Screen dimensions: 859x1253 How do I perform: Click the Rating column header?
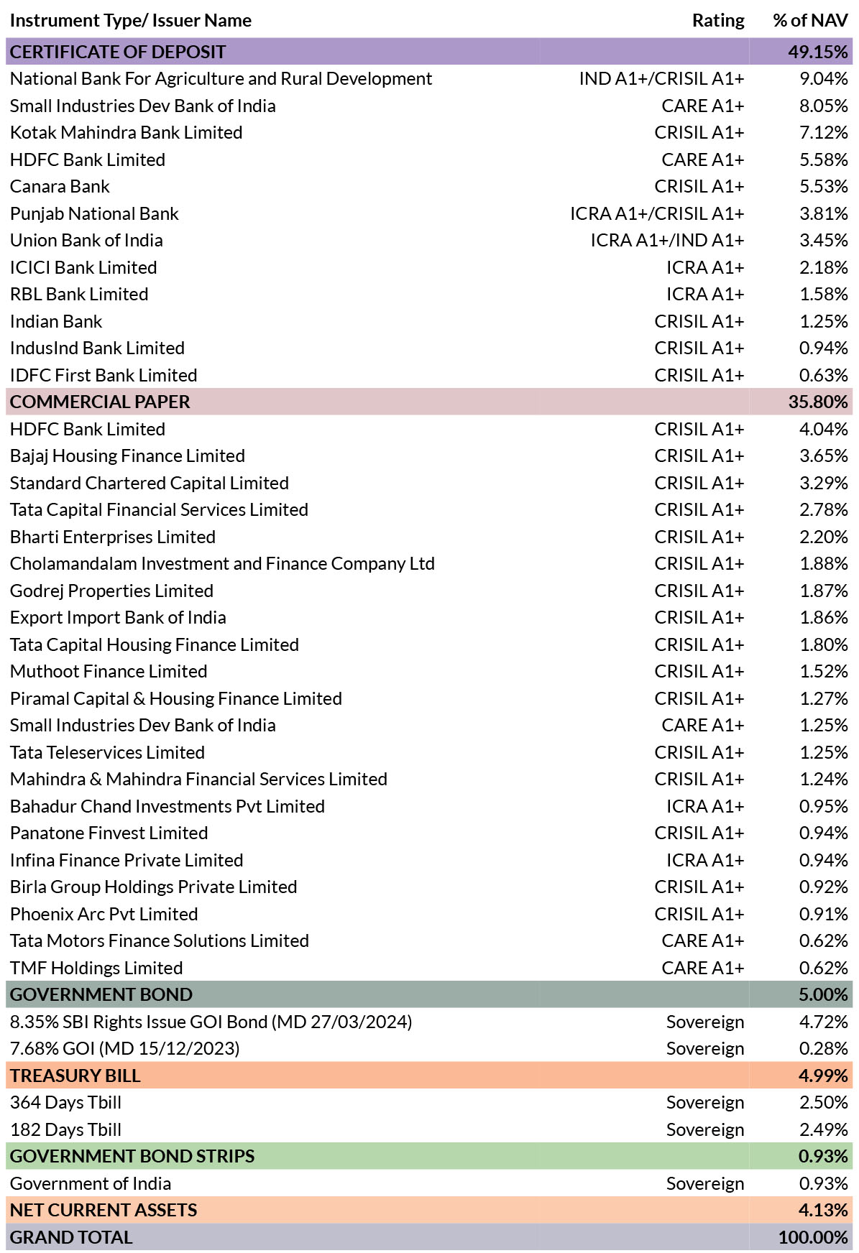click(x=718, y=20)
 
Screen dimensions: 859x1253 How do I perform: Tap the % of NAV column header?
click(x=810, y=20)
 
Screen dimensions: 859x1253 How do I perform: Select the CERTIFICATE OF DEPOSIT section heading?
click(x=118, y=52)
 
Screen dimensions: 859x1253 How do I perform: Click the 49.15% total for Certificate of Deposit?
click(x=818, y=52)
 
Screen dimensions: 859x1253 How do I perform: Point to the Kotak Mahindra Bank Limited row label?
click(x=127, y=132)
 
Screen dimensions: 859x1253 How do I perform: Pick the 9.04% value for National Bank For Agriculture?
click(x=824, y=78)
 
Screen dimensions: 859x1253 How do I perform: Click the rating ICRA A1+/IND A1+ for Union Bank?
click(x=667, y=240)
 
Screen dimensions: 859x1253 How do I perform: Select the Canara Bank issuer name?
click(x=60, y=186)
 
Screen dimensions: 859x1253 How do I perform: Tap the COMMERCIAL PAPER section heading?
click(x=100, y=402)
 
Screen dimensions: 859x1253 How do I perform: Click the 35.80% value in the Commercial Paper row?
click(x=818, y=402)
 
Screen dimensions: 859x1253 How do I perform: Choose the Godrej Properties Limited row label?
click(x=111, y=591)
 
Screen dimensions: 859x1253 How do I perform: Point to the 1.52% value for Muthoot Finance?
click(x=824, y=671)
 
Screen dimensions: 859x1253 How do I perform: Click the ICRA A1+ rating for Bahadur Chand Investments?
click(x=705, y=806)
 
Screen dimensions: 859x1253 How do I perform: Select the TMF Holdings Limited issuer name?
click(x=96, y=968)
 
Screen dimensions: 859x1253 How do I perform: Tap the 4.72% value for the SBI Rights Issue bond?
click(x=824, y=1022)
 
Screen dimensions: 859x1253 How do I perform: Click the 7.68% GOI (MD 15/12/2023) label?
click(x=125, y=1048)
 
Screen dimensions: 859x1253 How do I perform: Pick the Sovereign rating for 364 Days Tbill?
click(x=705, y=1102)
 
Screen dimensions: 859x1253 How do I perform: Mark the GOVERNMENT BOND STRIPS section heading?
click(x=132, y=1156)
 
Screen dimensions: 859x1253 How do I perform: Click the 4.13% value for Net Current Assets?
click(x=823, y=1210)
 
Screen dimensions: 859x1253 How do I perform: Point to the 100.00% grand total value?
click(x=813, y=1237)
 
